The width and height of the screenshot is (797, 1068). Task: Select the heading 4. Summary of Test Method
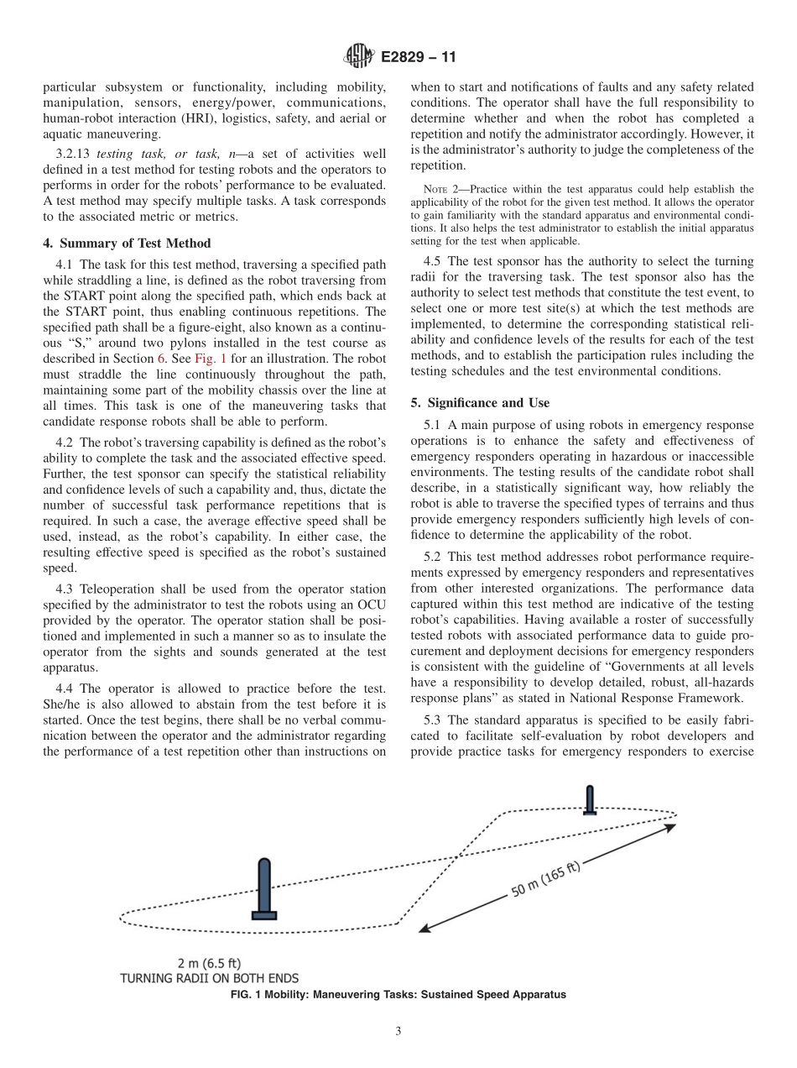click(x=127, y=243)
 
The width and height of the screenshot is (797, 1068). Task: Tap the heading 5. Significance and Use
click(x=480, y=403)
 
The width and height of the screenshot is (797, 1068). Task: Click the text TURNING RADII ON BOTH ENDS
click(x=210, y=978)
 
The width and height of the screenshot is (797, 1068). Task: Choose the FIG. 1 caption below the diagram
click(x=398, y=994)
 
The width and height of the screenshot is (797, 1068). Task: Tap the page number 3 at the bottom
click(x=398, y=1031)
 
